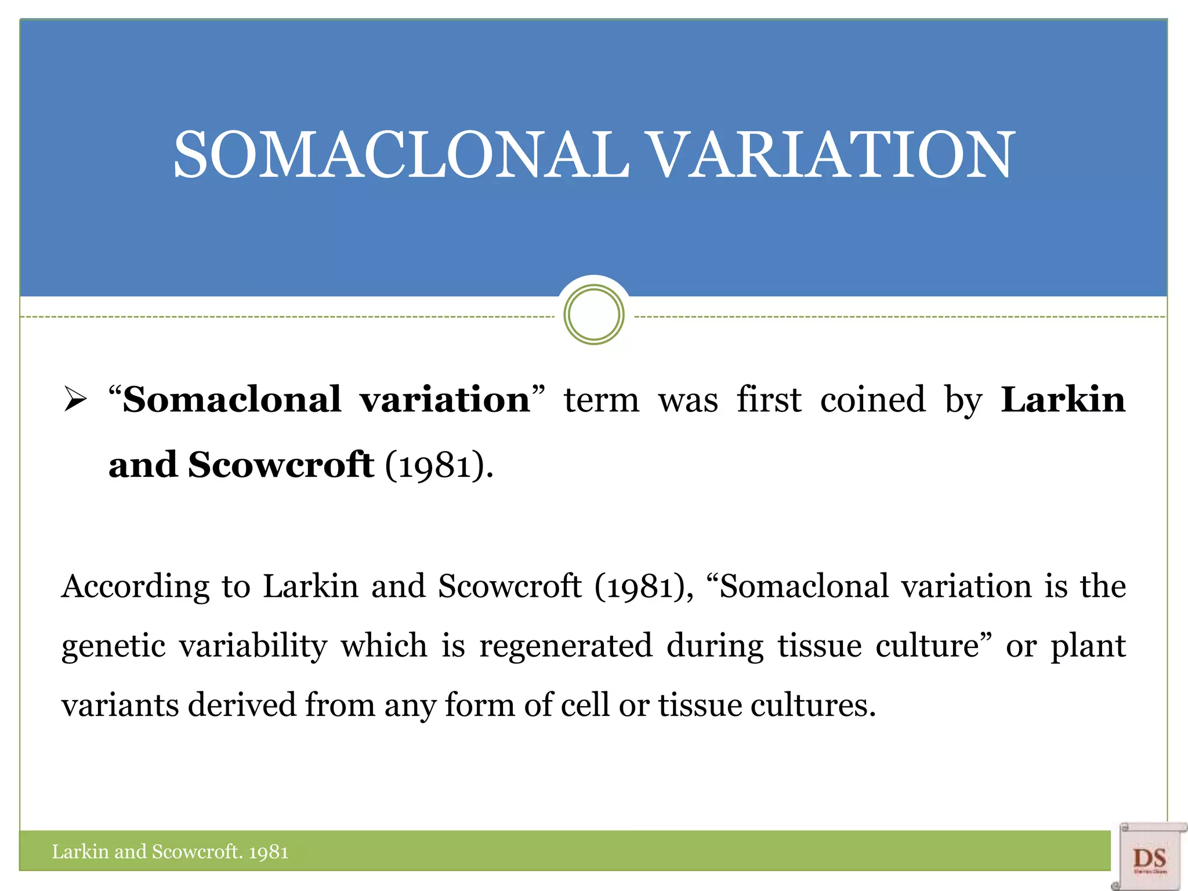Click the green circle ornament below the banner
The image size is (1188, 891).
point(593,314)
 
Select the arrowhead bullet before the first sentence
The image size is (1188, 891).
point(75,400)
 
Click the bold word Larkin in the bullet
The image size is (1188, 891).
point(1063,400)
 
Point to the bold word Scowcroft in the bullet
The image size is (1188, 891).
point(281,465)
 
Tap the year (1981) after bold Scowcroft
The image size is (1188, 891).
point(435,465)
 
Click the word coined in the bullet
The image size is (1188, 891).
point(872,400)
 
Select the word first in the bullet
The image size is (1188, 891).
point(769,400)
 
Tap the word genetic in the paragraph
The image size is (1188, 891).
point(114,646)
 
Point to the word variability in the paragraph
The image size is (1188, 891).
point(253,646)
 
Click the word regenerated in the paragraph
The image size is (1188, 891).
point(566,646)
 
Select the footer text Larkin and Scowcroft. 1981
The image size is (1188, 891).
point(170,852)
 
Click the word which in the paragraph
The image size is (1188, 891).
point(384,646)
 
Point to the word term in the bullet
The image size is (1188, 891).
point(602,400)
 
